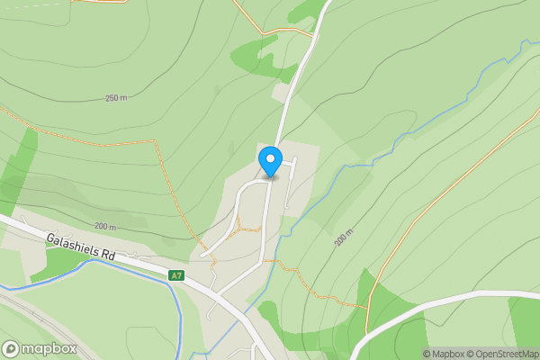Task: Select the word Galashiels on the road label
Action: pyautogui.click(x=75, y=246)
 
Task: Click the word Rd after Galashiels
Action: pyautogui.click(x=108, y=256)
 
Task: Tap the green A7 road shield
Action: pyautogui.click(x=176, y=275)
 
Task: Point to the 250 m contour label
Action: pyautogui.click(x=115, y=97)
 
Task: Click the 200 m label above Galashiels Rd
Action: pyautogui.click(x=105, y=227)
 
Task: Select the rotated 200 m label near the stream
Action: pyautogui.click(x=343, y=238)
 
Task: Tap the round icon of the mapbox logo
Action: pyautogui.click(x=11, y=349)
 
